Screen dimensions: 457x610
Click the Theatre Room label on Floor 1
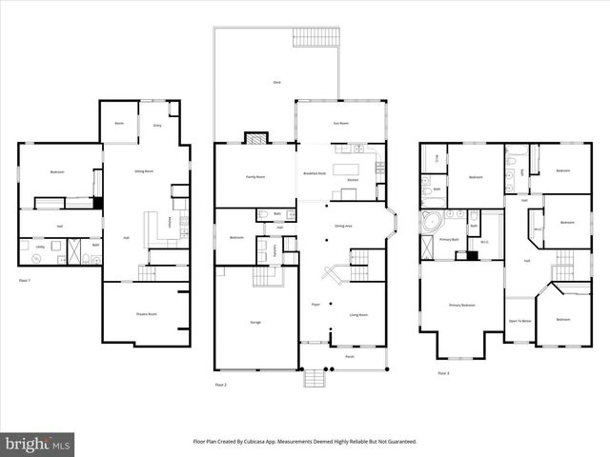click(x=146, y=313)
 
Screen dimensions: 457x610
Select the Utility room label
click(x=40, y=247)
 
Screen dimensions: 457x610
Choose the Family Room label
click(x=254, y=177)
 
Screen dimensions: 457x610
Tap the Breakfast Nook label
click(x=315, y=173)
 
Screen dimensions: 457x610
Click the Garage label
click(x=255, y=323)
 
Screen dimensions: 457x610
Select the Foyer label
click(x=315, y=305)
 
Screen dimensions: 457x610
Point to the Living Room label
click(x=359, y=314)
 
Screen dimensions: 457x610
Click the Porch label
click(x=349, y=357)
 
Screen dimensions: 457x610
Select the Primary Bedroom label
click(x=462, y=305)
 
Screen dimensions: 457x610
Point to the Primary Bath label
click(x=449, y=239)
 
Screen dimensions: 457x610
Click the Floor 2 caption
click(x=220, y=384)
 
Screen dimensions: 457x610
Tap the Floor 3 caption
click(x=443, y=373)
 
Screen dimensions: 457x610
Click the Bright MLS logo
click(x=37, y=444)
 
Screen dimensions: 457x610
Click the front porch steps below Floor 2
click(x=315, y=378)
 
